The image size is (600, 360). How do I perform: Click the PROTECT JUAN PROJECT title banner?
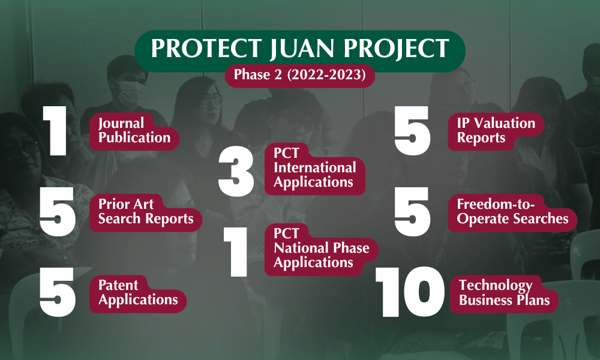coord(300,50)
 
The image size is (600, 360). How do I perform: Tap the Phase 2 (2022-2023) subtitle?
coord(299,75)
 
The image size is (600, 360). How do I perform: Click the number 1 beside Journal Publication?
coord(55,131)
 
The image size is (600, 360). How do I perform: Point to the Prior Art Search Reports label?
coord(146,212)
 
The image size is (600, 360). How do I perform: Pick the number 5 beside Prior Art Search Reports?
coord(58,212)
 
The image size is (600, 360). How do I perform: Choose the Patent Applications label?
coord(138,293)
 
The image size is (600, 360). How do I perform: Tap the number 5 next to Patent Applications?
coord(58,293)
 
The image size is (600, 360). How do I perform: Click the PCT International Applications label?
coord(314,169)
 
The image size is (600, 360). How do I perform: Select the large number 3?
coord(236,172)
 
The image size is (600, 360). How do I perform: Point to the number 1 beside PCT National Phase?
coord(236,252)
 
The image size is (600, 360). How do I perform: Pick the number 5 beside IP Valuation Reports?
coord(413,131)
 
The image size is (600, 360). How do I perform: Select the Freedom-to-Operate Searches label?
coord(512,212)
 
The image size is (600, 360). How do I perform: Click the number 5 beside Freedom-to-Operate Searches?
coord(413,212)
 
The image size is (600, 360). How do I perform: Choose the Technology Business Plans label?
coord(504,293)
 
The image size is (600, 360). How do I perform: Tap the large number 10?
coord(410,292)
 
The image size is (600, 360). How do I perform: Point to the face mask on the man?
coord(130,94)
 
